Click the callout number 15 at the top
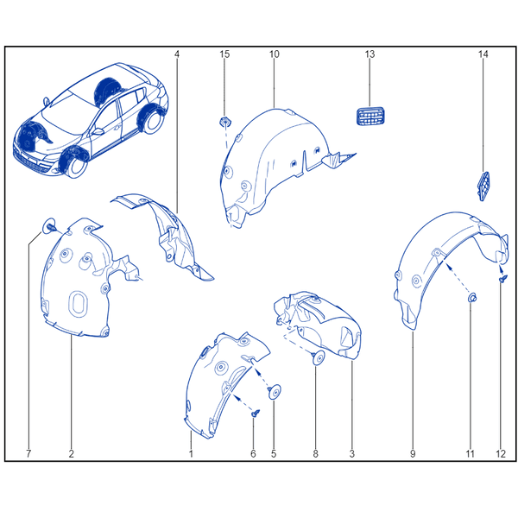click(224, 54)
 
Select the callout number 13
click(370, 54)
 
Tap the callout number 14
click(483, 54)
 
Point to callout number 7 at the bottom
click(28, 453)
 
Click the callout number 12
click(501, 453)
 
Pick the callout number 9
click(413, 453)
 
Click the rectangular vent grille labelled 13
click(370, 117)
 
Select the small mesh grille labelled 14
click(484, 186)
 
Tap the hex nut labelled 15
click(225, 122)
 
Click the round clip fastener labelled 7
click(49, 226)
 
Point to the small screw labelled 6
click(256, 413)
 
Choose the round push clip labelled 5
click(275, 392)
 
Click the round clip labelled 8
click(319, 357)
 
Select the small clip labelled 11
click(471, 298)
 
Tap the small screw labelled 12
click(502, 280)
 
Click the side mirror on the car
click(98, 131)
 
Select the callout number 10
click(275, 54)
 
